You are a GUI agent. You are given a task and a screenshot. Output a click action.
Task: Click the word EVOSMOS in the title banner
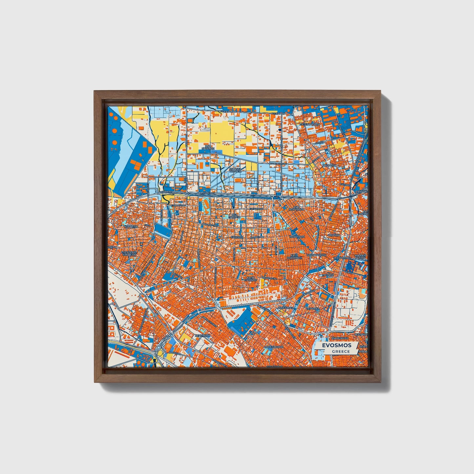pyautogui.click(x=336, y=345)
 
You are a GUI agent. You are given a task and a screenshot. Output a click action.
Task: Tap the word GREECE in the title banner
pyautogui.click(x=340, y=351)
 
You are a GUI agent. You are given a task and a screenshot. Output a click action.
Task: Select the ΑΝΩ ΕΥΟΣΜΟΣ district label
pyautogui.click(x=208, y=148)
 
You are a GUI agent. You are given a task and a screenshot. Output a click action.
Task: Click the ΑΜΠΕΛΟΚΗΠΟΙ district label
pyautogui.click(x=275, y=346)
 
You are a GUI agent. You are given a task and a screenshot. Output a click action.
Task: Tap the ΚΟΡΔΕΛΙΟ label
pyautogui.click(x=131, y=226)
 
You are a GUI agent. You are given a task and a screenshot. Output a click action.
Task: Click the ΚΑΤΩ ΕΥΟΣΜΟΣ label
pyautogui.click(x=251, y=279)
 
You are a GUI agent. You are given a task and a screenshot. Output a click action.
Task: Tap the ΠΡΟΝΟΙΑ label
pyautogui.click(x=328, y=275)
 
